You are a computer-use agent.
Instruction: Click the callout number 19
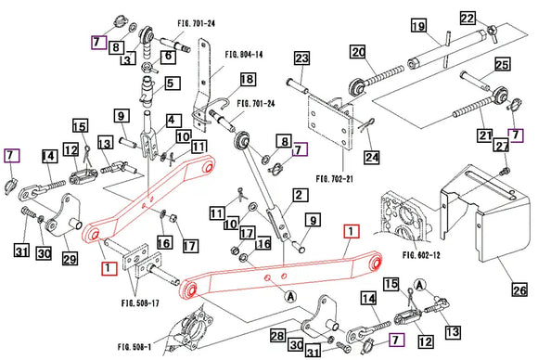pyautogui.click(x=419, y=26)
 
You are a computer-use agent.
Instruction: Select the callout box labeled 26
pyautogui.click(x=519, y=290)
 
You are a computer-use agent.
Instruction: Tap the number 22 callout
pyautogui.click(x=468, y=18)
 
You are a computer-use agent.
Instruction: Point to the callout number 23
pyautogui.click(x=302, y=58)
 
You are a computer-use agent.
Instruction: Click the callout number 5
pyautogui.click(x=171, y=84)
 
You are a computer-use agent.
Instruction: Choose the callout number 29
pyautogui.click(x=70, y=259)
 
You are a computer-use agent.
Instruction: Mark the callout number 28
pyautogui.click(x=277, y=335)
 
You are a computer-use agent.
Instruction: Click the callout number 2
pyautogui.click(x=300, y=195)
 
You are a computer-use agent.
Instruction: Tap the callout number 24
pyautogui.click(x=372, y=158)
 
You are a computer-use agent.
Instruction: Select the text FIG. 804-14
pyautogui.click(x=244, y=55)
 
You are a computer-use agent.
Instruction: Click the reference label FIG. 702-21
pyautogui.click(x=335, y=179)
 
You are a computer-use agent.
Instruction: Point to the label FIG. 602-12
pyautogui.click(x=421, y=255)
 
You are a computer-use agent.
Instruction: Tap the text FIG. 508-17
pyautogui.click(x=140, y=303)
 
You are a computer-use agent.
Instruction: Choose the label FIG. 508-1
pyautogui.click(x=134, y=347)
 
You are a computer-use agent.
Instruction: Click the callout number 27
pyautogui.click(x=502, y=146)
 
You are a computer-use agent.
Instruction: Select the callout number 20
pyautogui.click(x=358, y=52)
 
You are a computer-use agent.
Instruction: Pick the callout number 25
pyautogui.click(x=503, y=65)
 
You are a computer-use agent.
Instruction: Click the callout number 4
pyautogui.click(x=172, y=121)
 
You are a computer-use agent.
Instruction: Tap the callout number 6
pyautogui.click(x=168, y=56)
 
